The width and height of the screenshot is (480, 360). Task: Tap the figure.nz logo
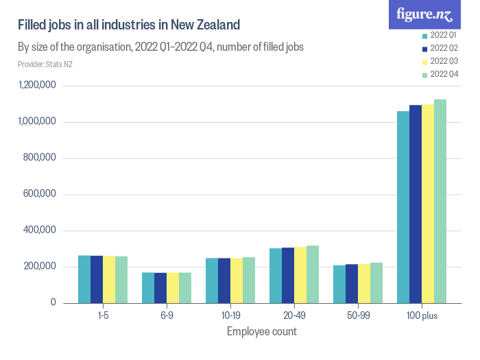(x=424, y=14)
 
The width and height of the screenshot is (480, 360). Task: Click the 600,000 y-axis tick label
(x=38, y=194)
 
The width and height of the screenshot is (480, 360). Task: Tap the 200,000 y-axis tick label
(x=38, y=267)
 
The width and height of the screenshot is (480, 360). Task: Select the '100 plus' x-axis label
(x=421, y=315)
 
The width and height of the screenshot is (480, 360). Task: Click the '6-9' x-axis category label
(x=166, y=315)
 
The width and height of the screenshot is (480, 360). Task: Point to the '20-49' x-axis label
(x=293, y=315)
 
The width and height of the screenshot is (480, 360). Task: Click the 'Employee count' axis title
(x=262, y=331)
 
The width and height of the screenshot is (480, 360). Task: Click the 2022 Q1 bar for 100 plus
(x=403, y=206)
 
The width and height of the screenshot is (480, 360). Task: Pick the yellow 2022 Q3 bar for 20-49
(x=300, y=274)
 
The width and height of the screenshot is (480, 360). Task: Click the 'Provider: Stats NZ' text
(x=45, y=64)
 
